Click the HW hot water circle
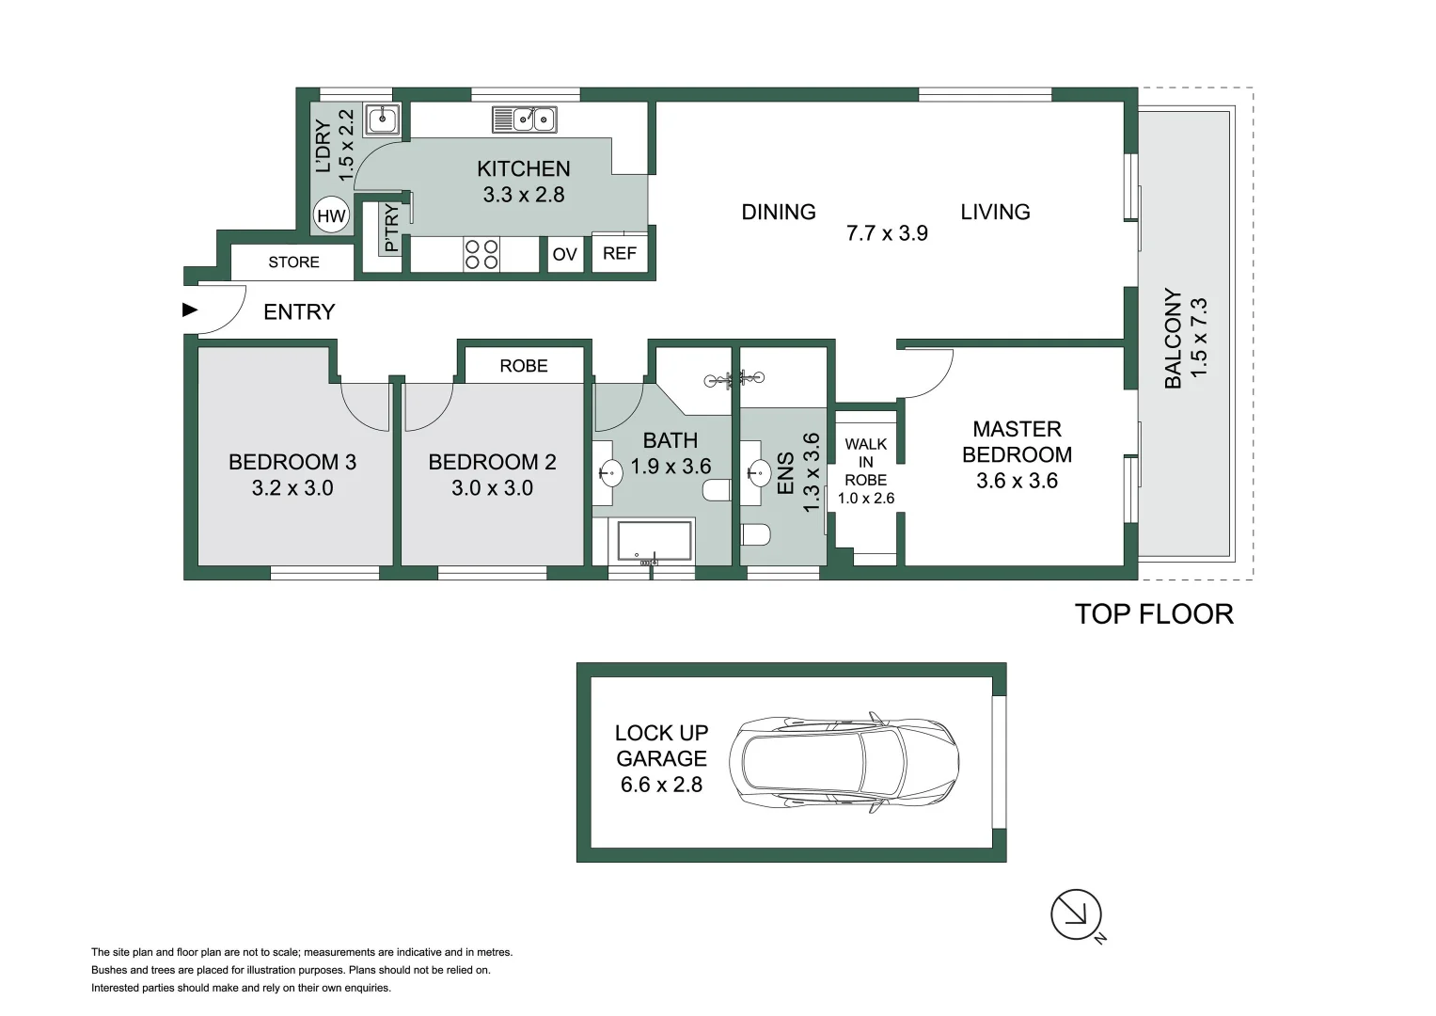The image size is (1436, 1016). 331,216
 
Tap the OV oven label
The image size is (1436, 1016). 564,254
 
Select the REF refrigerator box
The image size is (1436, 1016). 620,253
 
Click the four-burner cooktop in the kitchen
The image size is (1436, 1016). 481,254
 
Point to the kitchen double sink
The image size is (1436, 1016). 525,119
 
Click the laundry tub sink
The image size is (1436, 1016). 383,119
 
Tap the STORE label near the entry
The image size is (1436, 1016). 293,262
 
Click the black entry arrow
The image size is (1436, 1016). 190,310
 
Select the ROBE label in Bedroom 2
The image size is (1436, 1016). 524,366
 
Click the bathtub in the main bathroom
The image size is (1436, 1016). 655,541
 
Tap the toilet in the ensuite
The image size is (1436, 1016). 755,534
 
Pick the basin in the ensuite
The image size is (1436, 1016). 758,471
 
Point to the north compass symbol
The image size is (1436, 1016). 1076,914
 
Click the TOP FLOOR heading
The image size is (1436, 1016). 1154,614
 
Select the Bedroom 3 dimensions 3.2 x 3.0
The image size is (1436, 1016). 292,488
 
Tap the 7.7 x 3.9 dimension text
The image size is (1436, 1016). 887,233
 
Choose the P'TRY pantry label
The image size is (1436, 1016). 391,229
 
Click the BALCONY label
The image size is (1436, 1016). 1173,339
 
